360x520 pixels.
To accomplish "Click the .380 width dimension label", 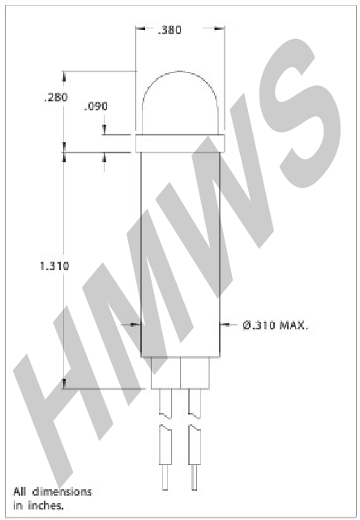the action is pos(169,30).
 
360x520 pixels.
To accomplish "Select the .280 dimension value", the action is pos(56,97).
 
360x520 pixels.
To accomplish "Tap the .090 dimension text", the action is pos(96,106).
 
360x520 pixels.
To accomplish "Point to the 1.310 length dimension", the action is pos(54,266).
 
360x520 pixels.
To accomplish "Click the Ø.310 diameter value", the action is pos(259,325).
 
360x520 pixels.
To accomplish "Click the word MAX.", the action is pos(294,325).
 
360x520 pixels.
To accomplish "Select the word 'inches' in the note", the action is pos(45,505).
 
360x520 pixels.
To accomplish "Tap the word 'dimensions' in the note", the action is pos(62,492).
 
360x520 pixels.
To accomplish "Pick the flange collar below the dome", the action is pos(180,144).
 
